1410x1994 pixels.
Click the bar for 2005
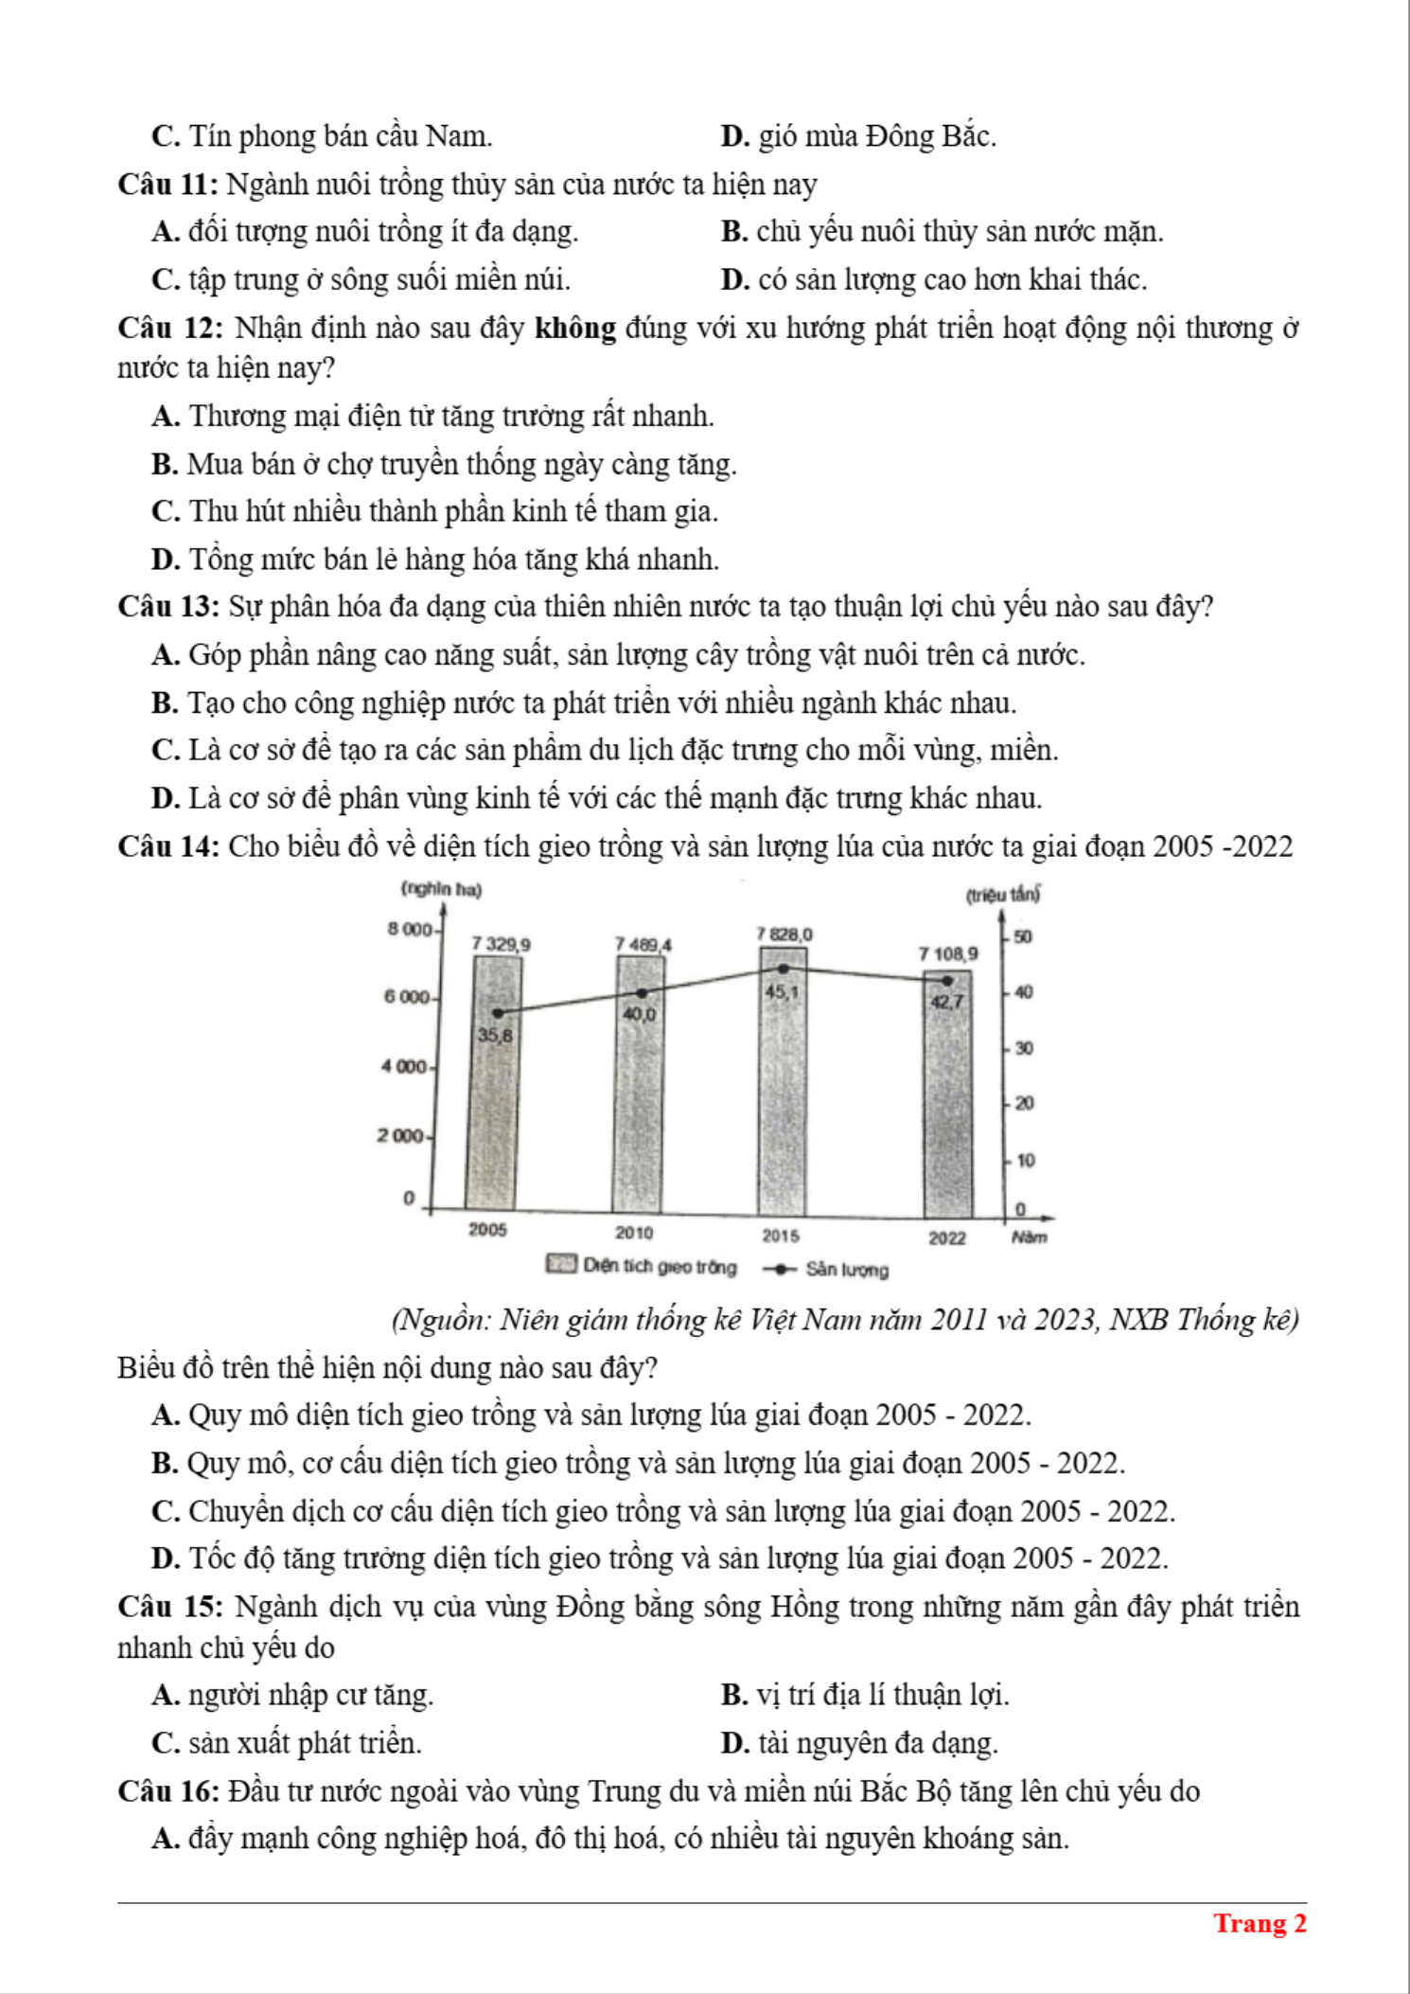pos(494,1084)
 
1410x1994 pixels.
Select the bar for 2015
pos(784,1084)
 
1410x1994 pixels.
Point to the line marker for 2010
pos(642,993)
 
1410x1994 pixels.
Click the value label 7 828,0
pos(784,935)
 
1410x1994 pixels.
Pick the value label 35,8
pos(494,1035)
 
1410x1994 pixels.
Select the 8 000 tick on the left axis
pos(409,929)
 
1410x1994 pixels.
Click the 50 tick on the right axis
pos(1023,936)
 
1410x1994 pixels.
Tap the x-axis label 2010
pos(634,1233)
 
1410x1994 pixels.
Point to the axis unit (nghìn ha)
pos(441,889)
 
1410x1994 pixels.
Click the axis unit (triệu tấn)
pos(1002,895)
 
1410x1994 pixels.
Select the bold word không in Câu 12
pos(575,329)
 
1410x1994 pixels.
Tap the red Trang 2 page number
pos(1260,1924)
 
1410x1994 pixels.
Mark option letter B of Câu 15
pos(734,1695)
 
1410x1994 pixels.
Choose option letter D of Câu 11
pos(735,280)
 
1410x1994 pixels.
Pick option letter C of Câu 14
pos(166,1511)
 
